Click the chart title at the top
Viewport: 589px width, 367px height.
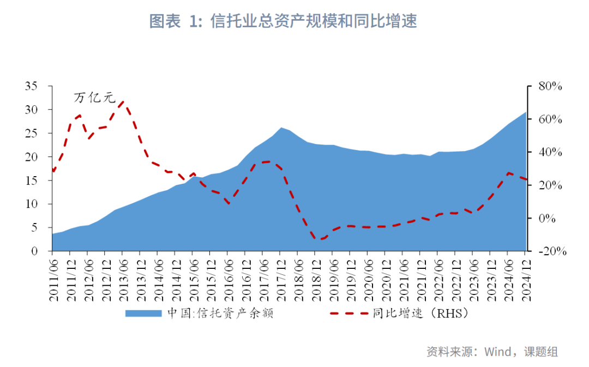[284, 21]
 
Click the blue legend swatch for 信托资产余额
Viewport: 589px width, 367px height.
[143, 314]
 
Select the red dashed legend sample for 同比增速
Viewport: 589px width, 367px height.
[349, 314]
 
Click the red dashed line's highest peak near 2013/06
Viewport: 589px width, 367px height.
[122, 101]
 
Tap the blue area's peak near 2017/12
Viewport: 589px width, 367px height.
[281, 128]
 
